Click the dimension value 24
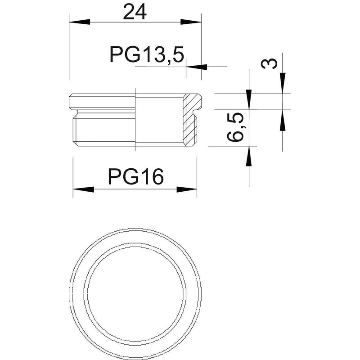[135, 12]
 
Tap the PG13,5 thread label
[147, 55]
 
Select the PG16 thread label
[136, 176]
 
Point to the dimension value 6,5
[235, 127]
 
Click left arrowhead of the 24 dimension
[80, 22]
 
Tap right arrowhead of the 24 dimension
[191, 22]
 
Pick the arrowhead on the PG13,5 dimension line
[197, 67]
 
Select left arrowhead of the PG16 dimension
[83, 189]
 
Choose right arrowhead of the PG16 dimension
[187, 189]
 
